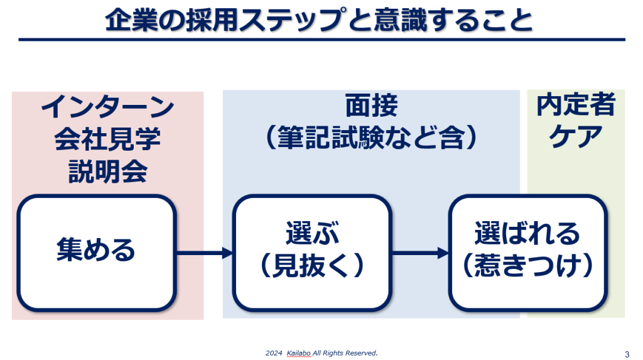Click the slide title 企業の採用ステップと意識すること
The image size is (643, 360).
pos(318,19)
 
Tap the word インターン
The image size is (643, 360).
pos(108,107)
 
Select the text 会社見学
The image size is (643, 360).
pos(107,139)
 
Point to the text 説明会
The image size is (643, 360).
pos(108,171)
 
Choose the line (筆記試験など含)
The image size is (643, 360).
pos(371,137)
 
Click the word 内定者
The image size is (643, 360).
pos(576,104)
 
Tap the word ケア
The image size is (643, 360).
pos(576,136)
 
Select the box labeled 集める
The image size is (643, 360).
pos(97,253)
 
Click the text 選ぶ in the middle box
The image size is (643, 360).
pos(313,233)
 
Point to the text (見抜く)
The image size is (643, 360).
pos(313,265)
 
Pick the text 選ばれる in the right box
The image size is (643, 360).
pos(527,233)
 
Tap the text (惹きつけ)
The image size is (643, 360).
pos(527,265)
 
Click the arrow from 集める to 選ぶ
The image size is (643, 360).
pos(205,253)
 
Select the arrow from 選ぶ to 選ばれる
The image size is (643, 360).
pos(420,253)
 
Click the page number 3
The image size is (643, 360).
pos(627,354)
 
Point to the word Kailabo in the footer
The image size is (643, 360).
pos(298,353)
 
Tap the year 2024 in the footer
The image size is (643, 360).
pos(274,353)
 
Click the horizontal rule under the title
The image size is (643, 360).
pos(322,40)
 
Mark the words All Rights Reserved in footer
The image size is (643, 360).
pos(345,353)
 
